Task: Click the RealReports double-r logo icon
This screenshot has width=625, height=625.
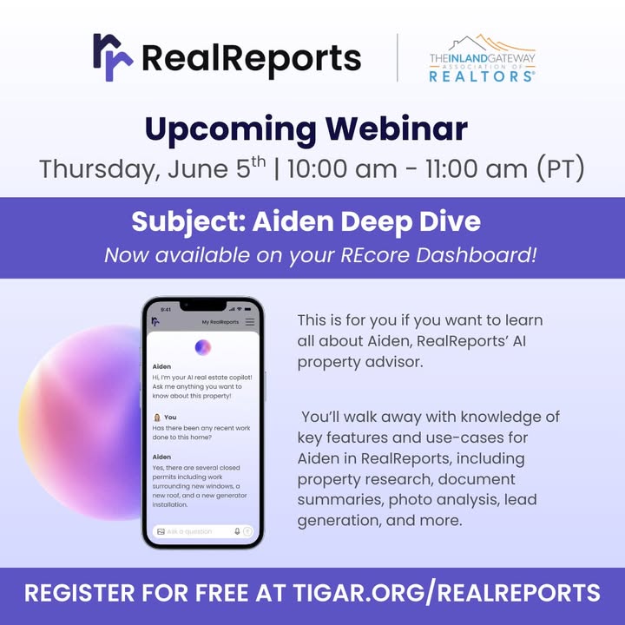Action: coord(113,57)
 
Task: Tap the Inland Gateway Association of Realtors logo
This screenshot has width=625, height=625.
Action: coord(483,58)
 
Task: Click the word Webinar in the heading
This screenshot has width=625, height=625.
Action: coord(396,128)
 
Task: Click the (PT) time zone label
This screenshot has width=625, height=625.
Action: coord(561,168)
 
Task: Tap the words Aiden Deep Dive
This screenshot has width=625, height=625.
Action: coord(366,221)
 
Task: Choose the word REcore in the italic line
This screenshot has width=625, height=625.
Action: coord(375,255)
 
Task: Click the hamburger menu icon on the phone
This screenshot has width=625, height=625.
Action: coord(250,322)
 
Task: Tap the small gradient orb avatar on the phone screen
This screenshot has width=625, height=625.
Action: coord(203,347)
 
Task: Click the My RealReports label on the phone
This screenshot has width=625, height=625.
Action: coord(220,322)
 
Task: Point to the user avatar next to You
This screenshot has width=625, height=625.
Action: coord(157,418)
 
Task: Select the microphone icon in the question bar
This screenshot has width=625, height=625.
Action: coord(237,531)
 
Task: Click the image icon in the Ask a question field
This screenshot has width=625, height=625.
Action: coord(161,532)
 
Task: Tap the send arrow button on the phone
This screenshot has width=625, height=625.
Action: coord(247,531)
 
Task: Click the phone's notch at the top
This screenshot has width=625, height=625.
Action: coord(203,306)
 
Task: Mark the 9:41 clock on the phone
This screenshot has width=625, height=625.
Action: coord(166,309)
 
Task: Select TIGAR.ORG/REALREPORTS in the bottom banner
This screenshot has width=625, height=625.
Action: coord(446,593)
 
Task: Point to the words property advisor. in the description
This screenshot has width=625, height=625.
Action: coord(360,362)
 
